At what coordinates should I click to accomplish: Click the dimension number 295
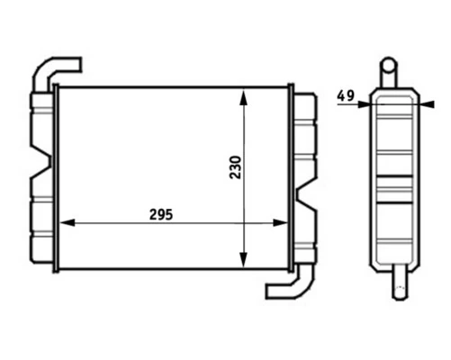tap(159, 215)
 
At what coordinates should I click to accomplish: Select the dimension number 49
tap(345, 94)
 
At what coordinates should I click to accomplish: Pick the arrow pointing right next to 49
tap(362, 103)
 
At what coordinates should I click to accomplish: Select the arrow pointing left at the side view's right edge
tap(425, 103)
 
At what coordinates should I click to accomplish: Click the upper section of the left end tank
tap(41, 126)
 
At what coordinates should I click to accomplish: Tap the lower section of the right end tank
tap(304, 229)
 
